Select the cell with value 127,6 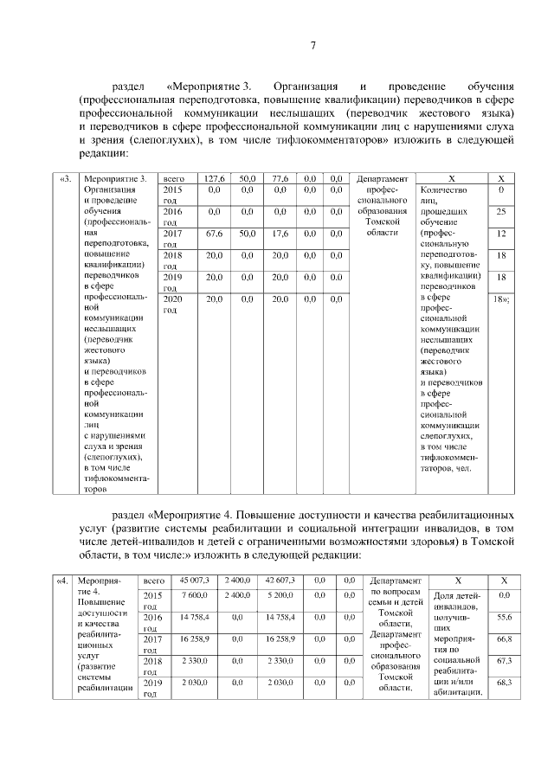point(213,178)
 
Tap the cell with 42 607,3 point(280,580)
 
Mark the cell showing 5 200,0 point(280,595)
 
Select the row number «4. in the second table point(62,581)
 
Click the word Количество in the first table point(441,189)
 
